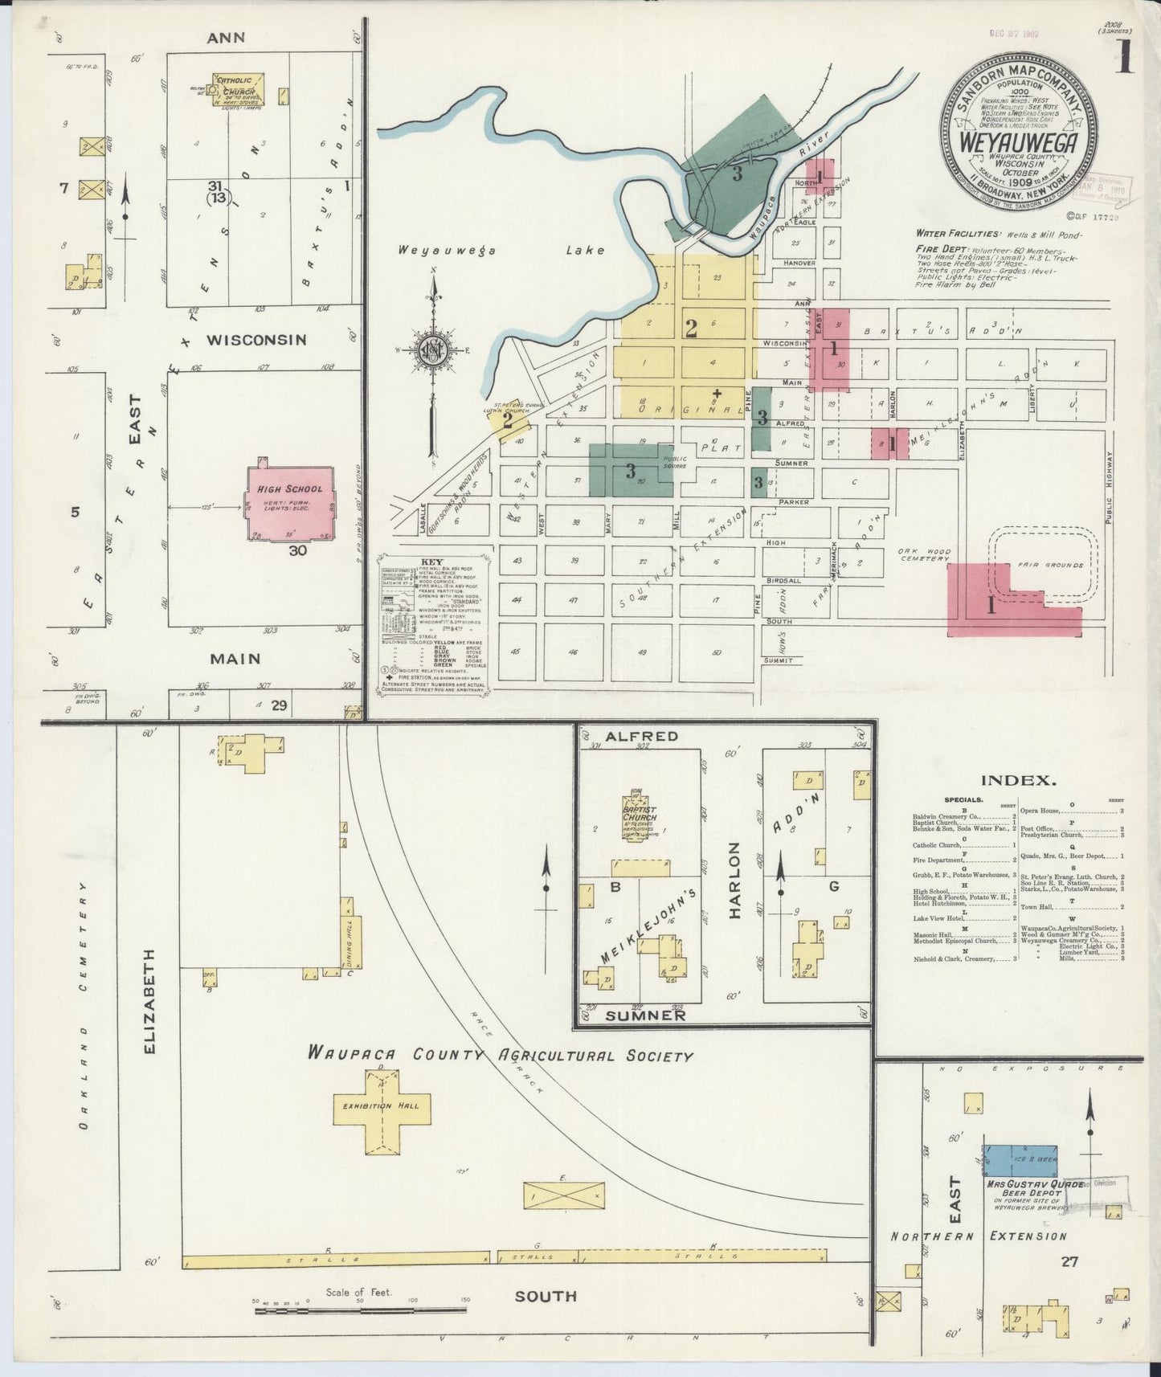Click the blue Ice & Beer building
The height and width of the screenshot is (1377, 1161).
tap(1020, 1162)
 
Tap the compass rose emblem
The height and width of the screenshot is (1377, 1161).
tap(433, 350)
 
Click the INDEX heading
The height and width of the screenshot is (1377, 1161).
tap(1018, 779)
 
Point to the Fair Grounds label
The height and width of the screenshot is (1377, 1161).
tap(1051, 565)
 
